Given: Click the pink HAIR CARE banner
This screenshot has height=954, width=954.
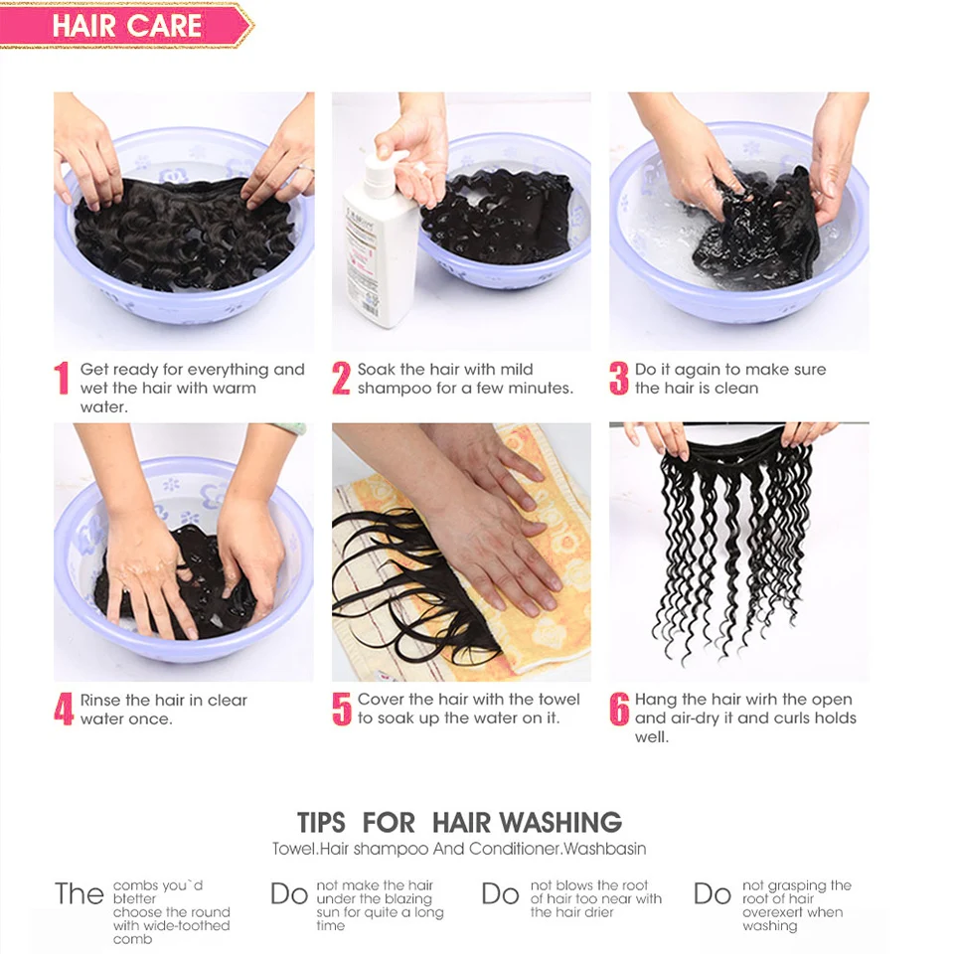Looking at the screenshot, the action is [125, 26].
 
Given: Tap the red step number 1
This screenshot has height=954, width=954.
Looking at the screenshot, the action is [62, 378].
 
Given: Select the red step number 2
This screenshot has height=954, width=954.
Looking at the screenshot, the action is [341, 378].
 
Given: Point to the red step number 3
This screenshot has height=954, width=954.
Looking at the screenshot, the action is [618, 378].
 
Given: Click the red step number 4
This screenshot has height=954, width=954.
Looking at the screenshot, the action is [64, 709].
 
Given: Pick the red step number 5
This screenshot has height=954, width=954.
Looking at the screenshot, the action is [341, 709].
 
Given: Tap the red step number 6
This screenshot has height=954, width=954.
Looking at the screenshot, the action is [619, 709].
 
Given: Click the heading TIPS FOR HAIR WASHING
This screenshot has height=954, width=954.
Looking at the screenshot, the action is [459, 822].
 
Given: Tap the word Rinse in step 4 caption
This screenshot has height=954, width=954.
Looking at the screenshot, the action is [100, 700].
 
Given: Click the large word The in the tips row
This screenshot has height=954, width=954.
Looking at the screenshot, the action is [79, 893].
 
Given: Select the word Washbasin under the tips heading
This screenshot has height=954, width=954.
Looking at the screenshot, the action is [605, 849].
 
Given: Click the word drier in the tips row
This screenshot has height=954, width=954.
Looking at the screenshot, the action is [598, 912].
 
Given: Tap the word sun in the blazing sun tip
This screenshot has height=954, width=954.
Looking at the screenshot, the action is [328, 912].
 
